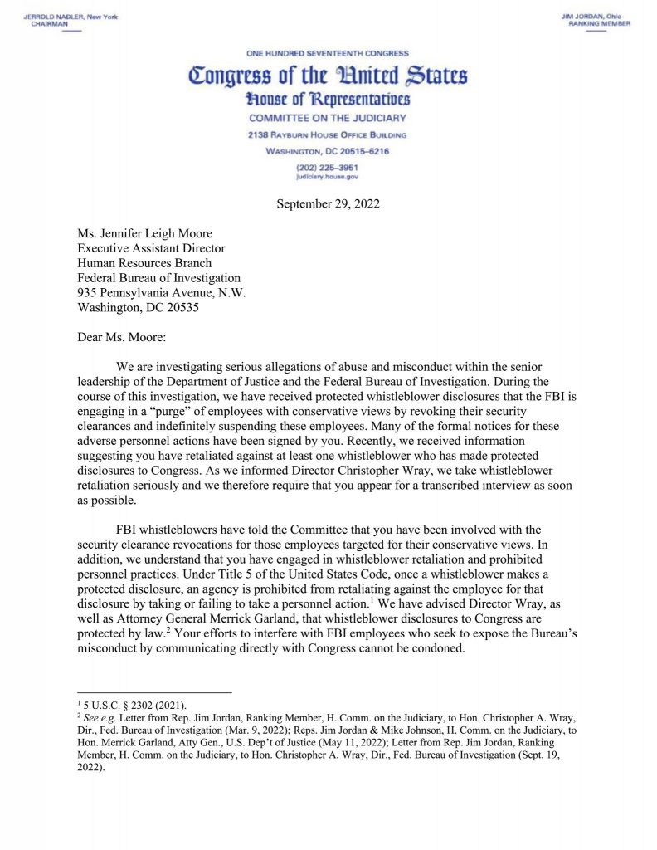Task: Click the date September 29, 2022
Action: (328, 204)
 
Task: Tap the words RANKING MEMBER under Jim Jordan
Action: (600, 24)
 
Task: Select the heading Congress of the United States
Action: (328, 77)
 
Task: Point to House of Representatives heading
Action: (328, 100)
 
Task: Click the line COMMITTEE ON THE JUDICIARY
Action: (328, 118)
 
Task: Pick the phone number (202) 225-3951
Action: (328, 167)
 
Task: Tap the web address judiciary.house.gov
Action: (328, 177)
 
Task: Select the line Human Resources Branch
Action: (144, 263)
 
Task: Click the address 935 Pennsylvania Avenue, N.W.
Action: (162, 292)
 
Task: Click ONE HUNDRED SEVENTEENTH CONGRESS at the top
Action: (328, 53)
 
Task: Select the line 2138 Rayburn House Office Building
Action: (328, 134)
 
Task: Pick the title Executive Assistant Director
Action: (151, 248)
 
